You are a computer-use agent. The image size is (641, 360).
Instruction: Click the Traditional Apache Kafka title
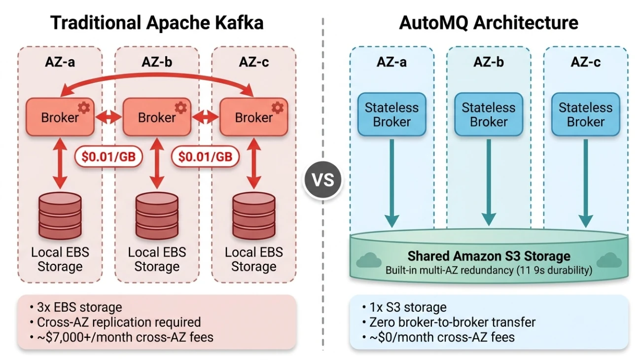tap(157, 23)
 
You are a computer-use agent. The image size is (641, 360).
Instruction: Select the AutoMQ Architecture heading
tap(488, 23)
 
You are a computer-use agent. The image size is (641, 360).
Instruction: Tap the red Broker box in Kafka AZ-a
tap(60, 117)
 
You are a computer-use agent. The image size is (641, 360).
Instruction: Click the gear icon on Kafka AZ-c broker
tap(278, 107)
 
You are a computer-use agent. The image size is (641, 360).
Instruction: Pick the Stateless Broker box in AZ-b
tap(488, 114)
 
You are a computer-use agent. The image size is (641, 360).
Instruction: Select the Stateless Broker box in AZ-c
tap(585, 114)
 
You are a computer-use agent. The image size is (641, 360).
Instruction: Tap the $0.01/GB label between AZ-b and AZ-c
tap(205, 156)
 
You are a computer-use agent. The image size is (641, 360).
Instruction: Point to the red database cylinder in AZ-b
tap(157, 216)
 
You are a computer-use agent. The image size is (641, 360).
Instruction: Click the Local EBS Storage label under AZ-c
tap(253, 259)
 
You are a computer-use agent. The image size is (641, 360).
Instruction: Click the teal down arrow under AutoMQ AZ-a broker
tap(392, 182)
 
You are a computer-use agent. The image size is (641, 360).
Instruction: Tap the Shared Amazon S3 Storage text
tap(488, 256)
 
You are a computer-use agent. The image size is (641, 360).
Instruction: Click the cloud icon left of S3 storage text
tap(365, 260)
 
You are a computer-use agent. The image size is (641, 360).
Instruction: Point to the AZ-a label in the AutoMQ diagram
tap(392, 62)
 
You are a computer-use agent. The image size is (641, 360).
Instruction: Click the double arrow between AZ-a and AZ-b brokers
tap(108, 117)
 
